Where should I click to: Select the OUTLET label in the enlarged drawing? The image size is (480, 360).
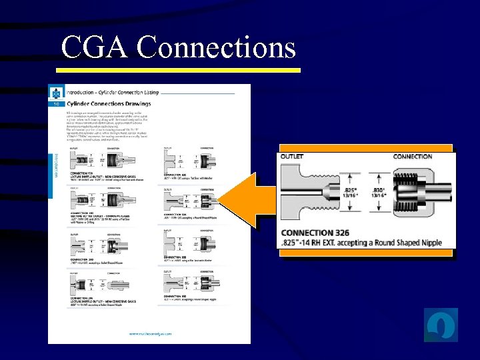(x=292, y=157)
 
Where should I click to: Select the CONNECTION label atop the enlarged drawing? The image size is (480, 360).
(x=413, y=157)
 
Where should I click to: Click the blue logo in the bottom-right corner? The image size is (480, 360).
(x=441, y=325)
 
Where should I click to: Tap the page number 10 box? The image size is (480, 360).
(x=55, y=104)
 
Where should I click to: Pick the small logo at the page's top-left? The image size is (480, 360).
(x=56, y=93)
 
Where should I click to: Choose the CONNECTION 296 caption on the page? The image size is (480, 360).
(x=81, y=299)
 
